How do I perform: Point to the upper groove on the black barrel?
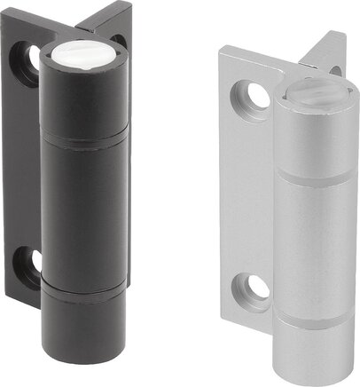85,138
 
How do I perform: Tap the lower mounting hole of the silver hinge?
256,288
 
